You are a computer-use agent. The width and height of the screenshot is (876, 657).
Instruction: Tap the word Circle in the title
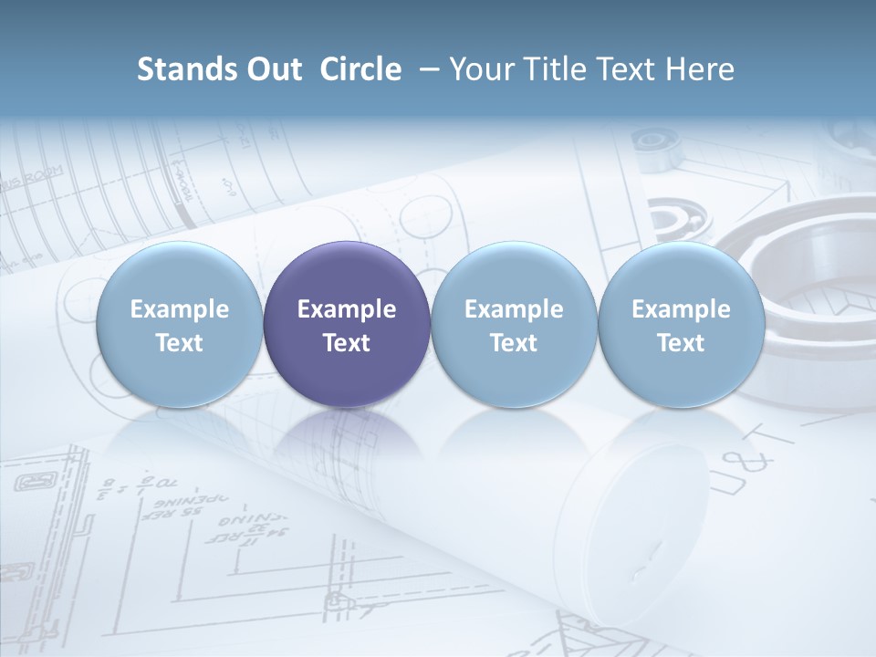coord(360,69)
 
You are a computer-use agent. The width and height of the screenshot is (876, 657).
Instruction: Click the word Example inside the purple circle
coord(347,309)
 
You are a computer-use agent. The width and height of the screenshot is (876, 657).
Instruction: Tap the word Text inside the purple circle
coord(347,343)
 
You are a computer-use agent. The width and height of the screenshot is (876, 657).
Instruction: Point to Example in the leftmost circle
coord(179,309)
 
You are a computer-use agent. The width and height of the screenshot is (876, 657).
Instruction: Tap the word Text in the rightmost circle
coord(681,343)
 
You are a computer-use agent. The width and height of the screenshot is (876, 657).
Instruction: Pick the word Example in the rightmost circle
coord(681,309)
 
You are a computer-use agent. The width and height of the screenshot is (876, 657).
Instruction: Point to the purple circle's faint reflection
coord(347,438)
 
